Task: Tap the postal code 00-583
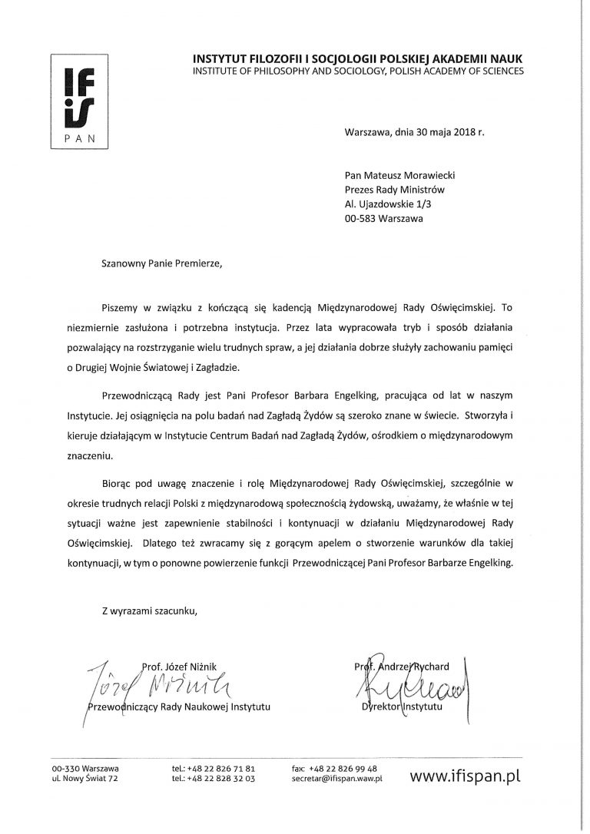tap(361, 218)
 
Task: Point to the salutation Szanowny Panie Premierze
tap(160, 263)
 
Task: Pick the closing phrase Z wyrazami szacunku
tap(149, 611)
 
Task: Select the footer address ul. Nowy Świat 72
tap(85, 778)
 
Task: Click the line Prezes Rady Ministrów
tap(394, 189)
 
